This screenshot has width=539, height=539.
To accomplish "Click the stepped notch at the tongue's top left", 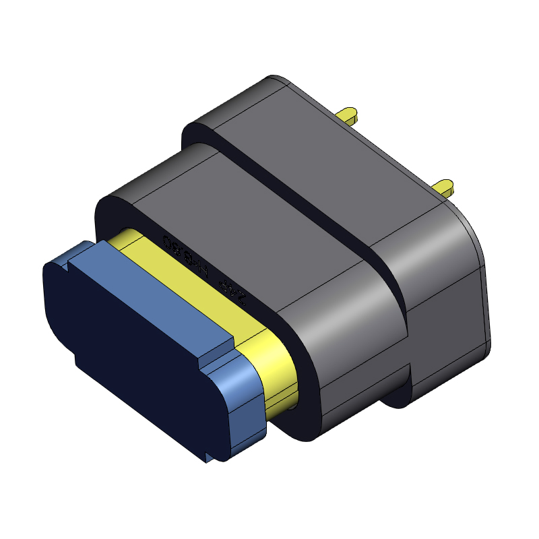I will coord(64,259).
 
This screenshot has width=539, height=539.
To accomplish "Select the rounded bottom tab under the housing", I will coord(398,391).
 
